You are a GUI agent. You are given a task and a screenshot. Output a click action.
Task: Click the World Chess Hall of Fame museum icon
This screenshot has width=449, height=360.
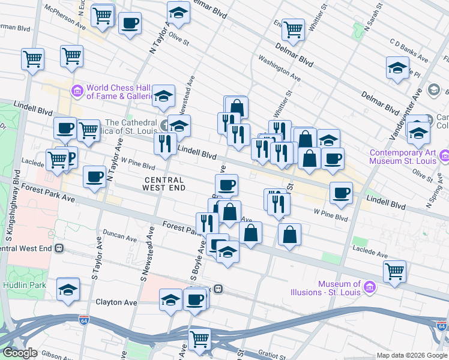tap(77, 91)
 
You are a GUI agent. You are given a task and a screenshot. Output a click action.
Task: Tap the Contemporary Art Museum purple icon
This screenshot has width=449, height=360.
tap(444, 157)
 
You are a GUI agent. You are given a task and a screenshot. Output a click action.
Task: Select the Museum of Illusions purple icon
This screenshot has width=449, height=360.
tap(370, 289)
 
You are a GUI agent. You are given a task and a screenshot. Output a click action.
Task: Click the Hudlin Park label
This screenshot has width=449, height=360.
tap(23, 285)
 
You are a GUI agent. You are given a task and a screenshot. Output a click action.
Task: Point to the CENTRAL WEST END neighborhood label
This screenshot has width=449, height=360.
tap(163, 184)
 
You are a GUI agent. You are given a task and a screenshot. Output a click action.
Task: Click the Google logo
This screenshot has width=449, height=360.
tap(19, 353)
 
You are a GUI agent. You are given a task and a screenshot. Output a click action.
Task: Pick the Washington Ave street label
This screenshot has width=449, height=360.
tap(279, 68)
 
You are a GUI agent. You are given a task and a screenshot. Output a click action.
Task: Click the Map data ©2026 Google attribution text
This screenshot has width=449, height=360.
tap(412, 355)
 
